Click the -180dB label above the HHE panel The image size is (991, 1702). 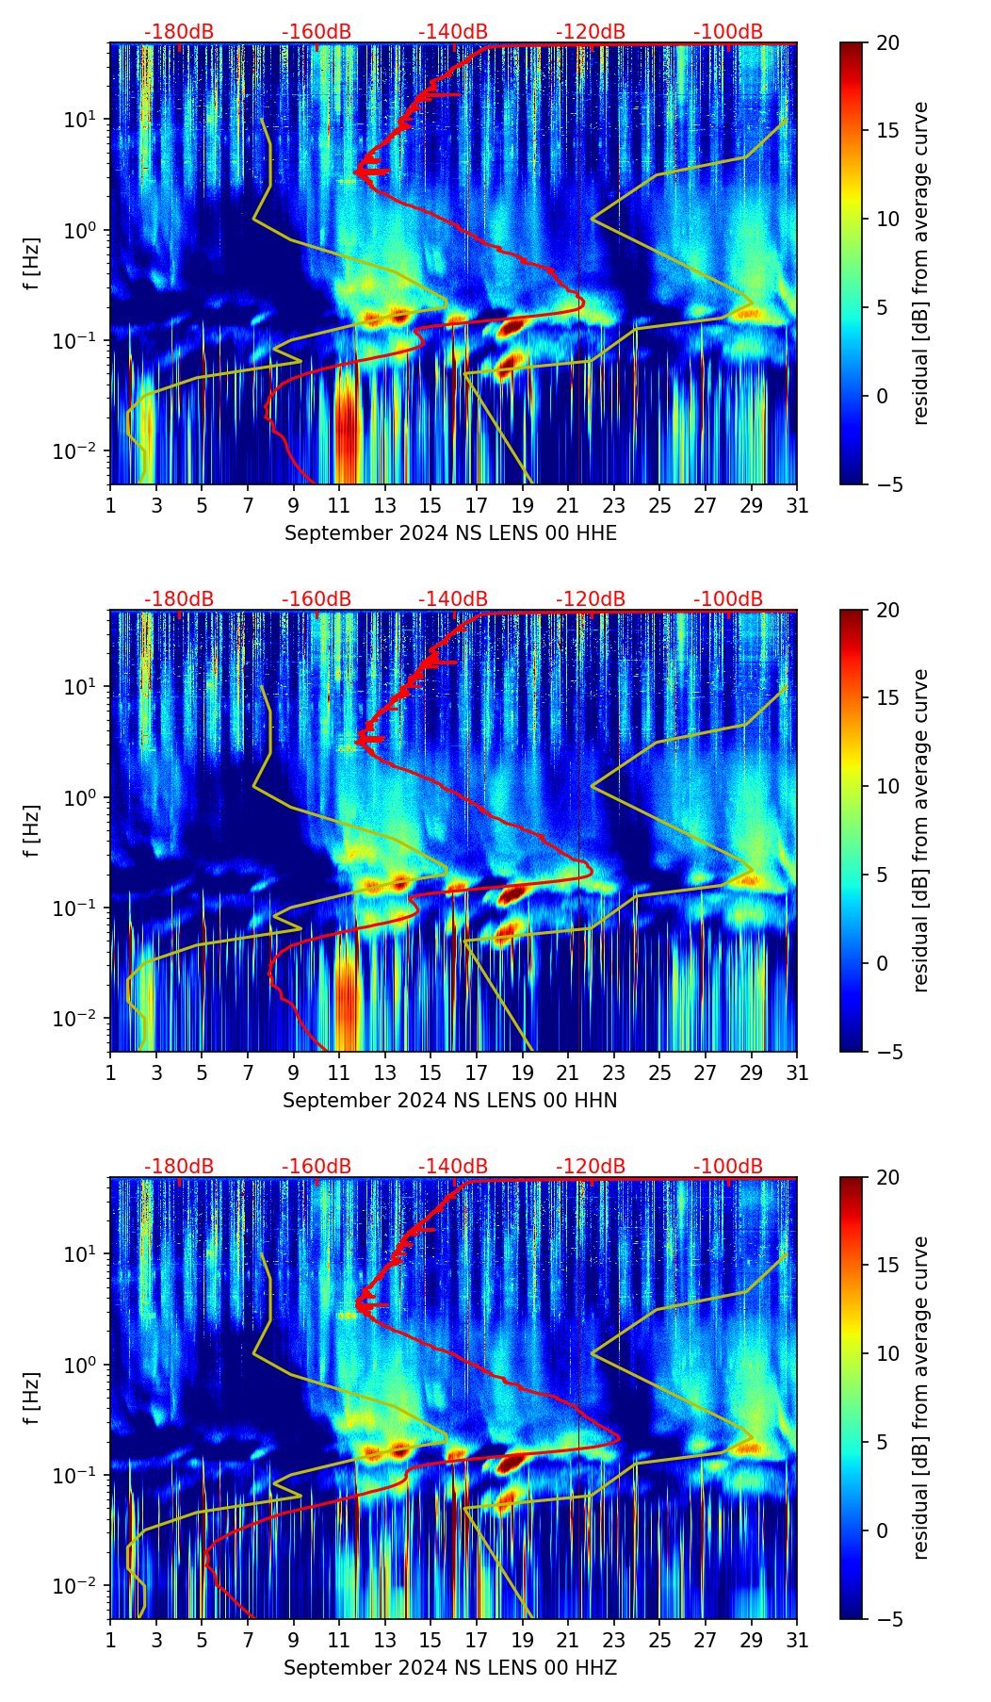coord(179,32)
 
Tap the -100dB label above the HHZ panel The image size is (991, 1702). coord(728,1167)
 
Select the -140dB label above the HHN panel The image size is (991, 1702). coord(453,599)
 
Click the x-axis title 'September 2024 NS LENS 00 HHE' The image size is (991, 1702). coord(450,533)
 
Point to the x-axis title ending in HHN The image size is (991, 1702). coord(450,1101)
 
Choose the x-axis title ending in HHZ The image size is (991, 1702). coord(450,1668)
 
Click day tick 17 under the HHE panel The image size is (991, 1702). coord(476,506)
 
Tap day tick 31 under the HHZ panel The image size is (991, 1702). coord(797,1641)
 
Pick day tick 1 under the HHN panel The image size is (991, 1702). coord(110,1073)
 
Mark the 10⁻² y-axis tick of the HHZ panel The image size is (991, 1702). coord(80,1586)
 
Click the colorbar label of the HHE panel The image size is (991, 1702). coord(921,263)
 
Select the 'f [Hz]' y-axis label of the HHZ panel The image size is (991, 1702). coord(31,1398)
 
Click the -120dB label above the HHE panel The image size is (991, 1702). coord(591,32)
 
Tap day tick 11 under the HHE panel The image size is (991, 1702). coord(338,506)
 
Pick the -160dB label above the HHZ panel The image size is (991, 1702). coord(317,1167)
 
